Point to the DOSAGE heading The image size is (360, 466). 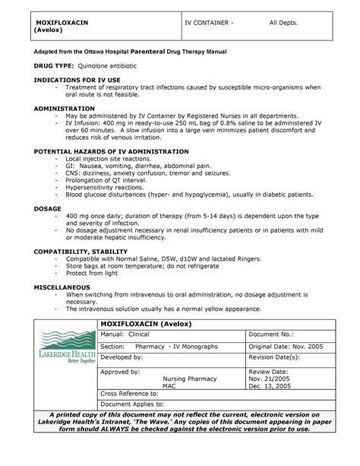36,207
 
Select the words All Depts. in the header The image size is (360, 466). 284,24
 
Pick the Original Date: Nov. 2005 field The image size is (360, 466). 290,346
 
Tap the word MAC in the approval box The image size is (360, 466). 170,385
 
